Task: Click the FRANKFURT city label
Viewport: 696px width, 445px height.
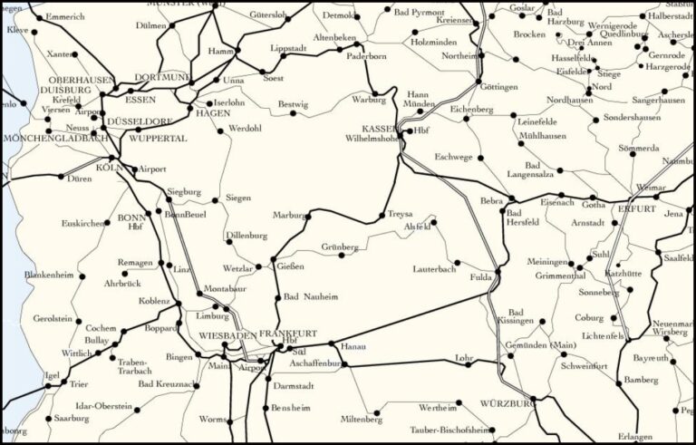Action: (x=288, y=334)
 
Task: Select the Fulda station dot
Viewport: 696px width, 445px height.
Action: (x=498, y=274)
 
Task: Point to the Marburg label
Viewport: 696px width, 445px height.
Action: (x=289, y=216)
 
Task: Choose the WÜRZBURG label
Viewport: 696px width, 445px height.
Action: (x=506, y=401)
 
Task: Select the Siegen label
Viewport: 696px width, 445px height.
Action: (x=238, y=198)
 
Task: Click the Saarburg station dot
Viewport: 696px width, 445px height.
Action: (x=47, y=419)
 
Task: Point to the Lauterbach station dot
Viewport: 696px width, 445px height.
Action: (x=457, y=263)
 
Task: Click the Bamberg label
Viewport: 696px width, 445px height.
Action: (x=641, y=382)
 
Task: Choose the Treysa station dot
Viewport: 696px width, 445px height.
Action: (x=382, y=216)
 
